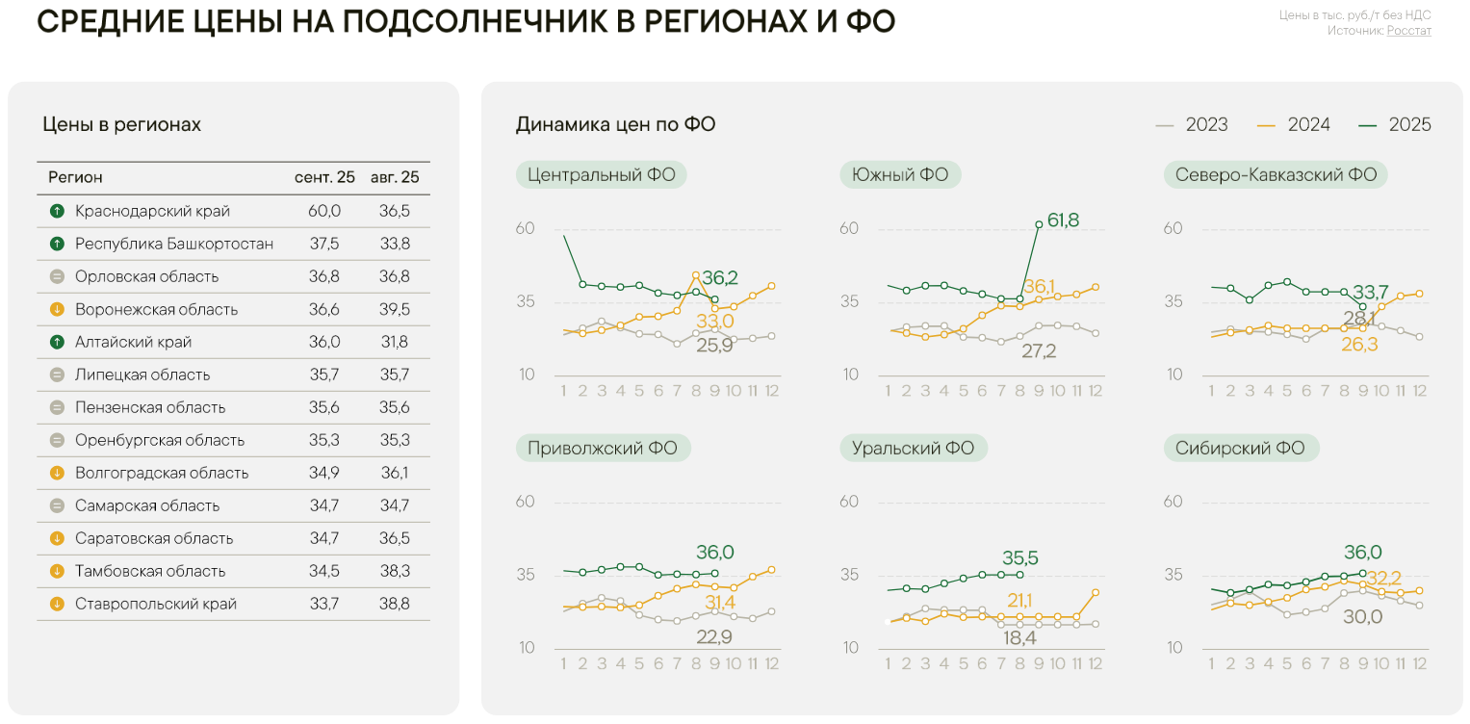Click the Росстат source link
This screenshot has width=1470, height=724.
tap(1408, 31)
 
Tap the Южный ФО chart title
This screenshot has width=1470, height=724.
tap(900, 175)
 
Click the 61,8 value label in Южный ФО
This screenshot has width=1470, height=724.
tap(1063, 220)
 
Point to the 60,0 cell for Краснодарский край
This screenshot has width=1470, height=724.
tap(324, 211)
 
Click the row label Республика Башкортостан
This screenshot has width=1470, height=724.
tap(174, 244)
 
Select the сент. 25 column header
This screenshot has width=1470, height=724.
tap(324, 177)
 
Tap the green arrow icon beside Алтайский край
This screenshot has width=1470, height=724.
tap(57, 342)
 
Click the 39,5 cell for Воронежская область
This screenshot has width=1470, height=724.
tap(395, 309)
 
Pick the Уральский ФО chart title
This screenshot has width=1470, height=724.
tap(913, 448)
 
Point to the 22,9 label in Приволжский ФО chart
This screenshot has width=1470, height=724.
tap(713, 636)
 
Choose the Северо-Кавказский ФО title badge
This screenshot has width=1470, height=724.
tap(1276, 175)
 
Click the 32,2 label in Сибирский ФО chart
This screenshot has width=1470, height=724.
tap(1383, 579)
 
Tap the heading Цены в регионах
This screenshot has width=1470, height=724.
tap(121, 125)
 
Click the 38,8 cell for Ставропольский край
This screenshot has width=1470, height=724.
tap(395, 604)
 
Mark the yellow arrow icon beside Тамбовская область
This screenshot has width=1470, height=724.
tap(57, 571)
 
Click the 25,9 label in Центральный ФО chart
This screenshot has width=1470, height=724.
tap(714, 345)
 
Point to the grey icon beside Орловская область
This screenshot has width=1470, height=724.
tap(57, 276)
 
